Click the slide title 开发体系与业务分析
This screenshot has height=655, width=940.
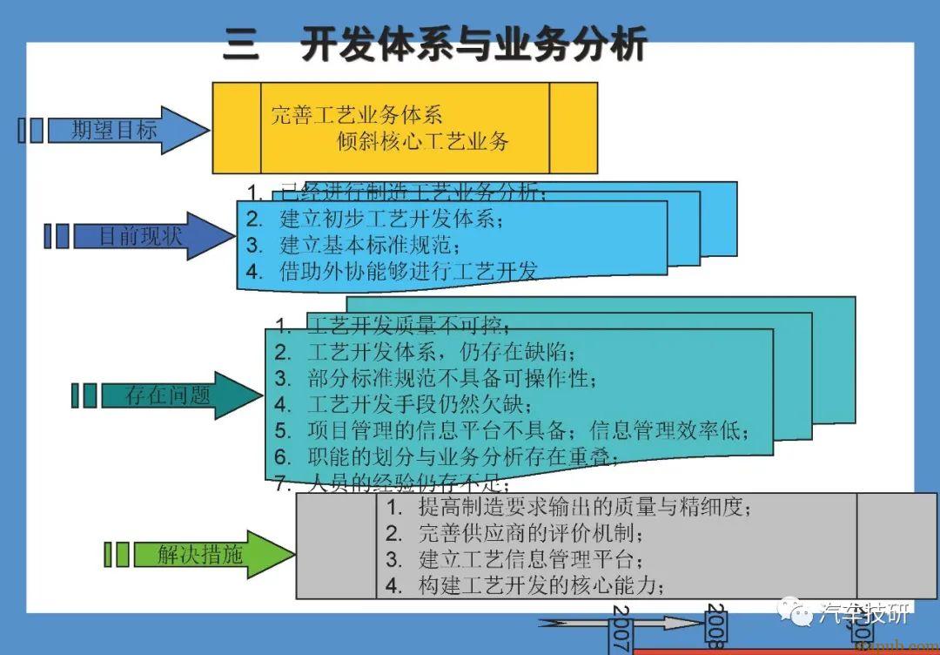coord(474,44)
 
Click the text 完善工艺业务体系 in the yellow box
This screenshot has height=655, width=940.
coord(357,114)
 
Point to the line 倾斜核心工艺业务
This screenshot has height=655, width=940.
coord(423,140)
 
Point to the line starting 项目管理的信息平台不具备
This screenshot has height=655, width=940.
coord(522,430)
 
